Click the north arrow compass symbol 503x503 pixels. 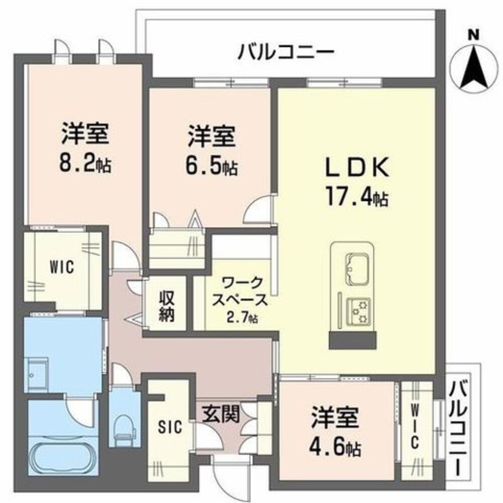473,68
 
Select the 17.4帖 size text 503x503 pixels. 357,198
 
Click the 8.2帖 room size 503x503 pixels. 86,163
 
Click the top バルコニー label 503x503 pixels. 286,52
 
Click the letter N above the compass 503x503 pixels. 472,35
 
